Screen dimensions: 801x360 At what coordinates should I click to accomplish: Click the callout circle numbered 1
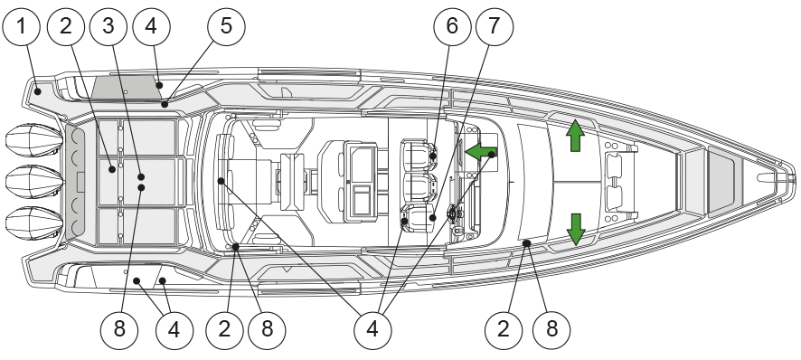pos(21,26)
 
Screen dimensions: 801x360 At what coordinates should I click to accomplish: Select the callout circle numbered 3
pos(108,26)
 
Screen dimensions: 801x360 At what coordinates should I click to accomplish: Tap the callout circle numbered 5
pos(226,26)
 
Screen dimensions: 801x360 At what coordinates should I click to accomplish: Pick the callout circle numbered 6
pos(452,26)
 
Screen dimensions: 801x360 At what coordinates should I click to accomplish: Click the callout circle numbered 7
pos(494,26)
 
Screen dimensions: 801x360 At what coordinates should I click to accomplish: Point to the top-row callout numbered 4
pos(151,26)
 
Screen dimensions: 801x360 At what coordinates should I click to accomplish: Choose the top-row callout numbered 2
pos(66,26)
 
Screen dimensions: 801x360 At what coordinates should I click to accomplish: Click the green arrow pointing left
pos(481,152)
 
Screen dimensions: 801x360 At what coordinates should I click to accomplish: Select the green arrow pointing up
pos(575,135)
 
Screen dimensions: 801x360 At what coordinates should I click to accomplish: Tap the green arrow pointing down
pos(576,230)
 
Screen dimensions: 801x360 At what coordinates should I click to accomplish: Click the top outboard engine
pos(34,140)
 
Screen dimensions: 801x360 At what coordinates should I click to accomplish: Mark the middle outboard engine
pos(34,182)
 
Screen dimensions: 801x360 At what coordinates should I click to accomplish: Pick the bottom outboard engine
pos(34,223)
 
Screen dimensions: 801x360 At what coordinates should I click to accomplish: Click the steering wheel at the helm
pos(453,213)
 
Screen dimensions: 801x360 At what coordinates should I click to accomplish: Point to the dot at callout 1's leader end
pos(38,91)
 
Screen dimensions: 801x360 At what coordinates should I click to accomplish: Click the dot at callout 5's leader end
pos(165,104)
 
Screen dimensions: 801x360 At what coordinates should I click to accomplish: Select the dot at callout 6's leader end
pos(433,156)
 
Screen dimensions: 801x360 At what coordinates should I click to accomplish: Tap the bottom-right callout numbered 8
pos(551,330)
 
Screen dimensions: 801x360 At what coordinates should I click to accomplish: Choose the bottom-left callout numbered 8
pos(119,330)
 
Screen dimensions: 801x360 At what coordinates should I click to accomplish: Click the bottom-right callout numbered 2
pos(504,330)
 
